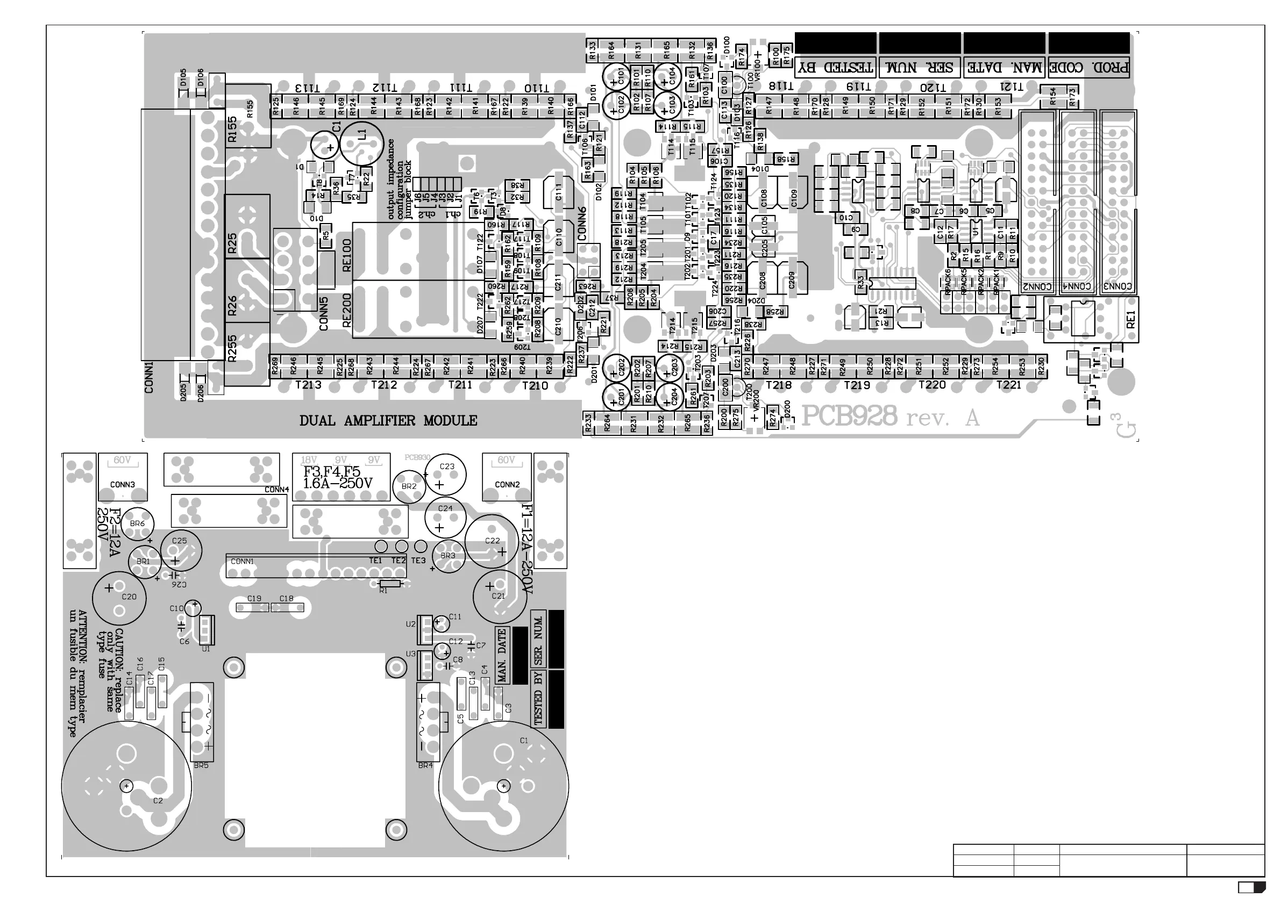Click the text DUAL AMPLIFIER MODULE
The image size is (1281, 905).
[x=388, y=421]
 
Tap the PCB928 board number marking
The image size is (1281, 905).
[x=849, y=416]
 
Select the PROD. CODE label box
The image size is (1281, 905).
[x=1089, y=68]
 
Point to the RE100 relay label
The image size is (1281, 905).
[x=346, y=255]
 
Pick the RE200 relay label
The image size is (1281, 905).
[x=346, y=310]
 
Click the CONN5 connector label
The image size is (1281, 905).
[x=324, y=313]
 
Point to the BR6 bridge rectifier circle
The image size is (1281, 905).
[x=137, y=523]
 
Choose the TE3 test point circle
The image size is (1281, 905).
[x=421, y=546]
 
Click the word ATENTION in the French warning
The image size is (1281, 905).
[x=83, y=629]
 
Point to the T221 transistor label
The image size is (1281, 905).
[x=1008, y=385]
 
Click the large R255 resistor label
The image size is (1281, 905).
[x=233, y=348]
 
